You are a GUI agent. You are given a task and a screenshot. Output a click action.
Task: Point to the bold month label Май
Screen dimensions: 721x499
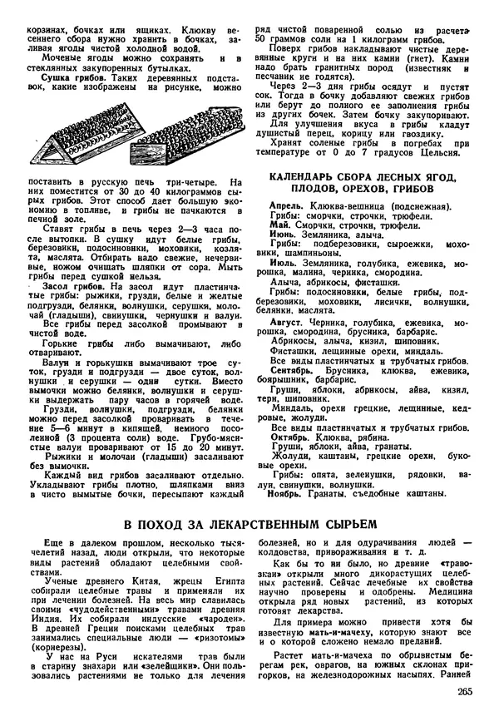(278, 225)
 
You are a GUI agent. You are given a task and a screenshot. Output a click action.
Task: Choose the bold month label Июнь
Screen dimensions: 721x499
(284, 235)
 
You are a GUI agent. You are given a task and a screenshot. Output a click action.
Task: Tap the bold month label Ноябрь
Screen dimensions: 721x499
(289, 494)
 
